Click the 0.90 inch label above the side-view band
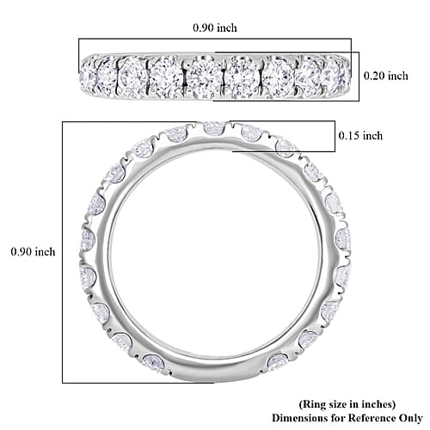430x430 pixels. click(215, 28)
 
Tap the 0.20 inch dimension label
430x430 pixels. click(386, 76)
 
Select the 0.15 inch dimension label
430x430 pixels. click(360, 136)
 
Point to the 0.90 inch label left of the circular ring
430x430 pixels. click(33, 252)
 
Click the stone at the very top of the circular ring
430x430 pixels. click(214, 128)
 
